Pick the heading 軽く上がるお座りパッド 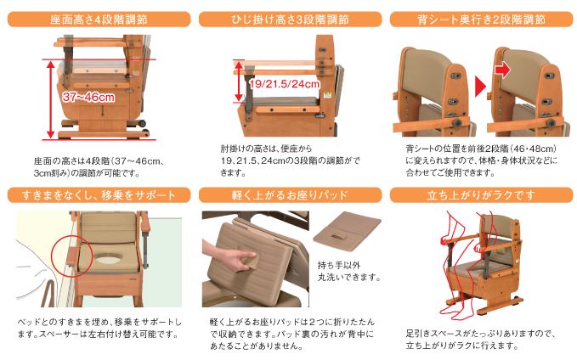coord(287,196)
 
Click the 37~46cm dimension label coord(88,97)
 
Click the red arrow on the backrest coord(503,70)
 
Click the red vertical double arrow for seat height coord(52,98)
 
